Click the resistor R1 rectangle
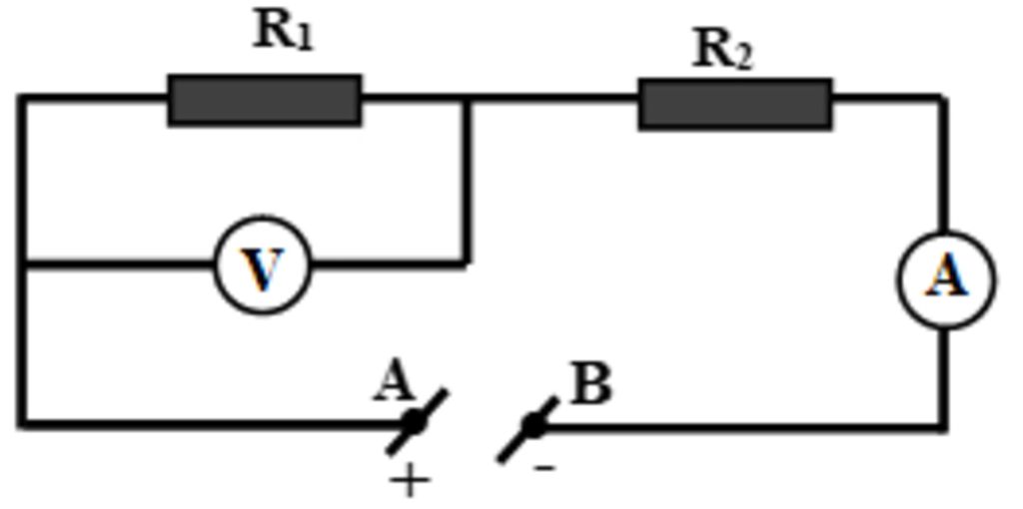click(265, 100)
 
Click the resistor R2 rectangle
click(735, 104)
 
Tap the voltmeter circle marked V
click(263, 265)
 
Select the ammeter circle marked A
click(946, 278)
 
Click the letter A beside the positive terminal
click(394, 382)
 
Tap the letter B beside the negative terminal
click(591, 385)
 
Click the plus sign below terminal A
click(410, 482)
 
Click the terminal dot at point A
click(414, 423)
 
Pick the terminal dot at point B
click(534, 426)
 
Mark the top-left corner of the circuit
click(21, 98)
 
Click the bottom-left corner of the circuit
click(21, 424)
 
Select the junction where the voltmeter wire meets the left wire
click(21, 264)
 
